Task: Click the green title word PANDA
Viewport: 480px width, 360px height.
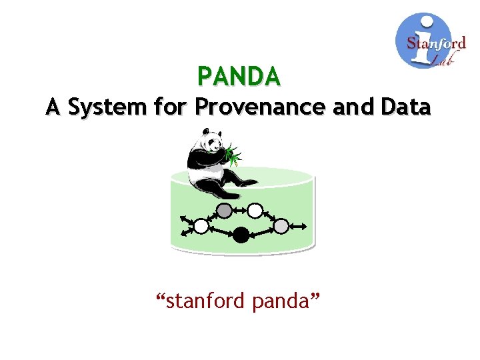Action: (239, 77)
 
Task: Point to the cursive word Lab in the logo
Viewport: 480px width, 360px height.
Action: (440, 60)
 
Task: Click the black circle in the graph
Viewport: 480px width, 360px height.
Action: (241, 234)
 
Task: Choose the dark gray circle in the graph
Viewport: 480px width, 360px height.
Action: (225, 211)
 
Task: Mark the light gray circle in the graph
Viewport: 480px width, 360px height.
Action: (281, 226)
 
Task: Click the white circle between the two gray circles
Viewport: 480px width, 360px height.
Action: (255, 211)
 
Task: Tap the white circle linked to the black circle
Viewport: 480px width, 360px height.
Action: (201, 226)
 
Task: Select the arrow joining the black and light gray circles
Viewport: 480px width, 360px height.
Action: (262, 230)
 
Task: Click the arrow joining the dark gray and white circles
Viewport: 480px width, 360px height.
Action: (240, 211)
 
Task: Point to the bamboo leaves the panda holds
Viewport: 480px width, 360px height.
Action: (234, 155)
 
